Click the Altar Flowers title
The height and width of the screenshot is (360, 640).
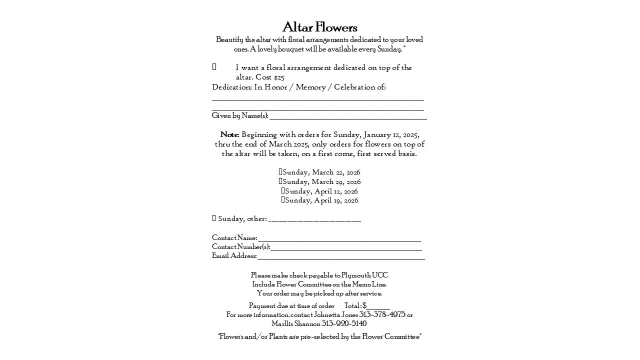point(320,27)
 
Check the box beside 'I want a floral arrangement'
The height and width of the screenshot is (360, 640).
point(214,67)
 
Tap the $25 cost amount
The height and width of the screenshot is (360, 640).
point(279,77)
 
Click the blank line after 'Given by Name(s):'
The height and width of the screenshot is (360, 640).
point(348,117)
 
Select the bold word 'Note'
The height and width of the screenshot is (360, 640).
point(229,135)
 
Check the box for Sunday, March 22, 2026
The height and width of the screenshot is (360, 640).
point(280,172)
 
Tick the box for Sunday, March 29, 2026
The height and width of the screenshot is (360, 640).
point(280,181)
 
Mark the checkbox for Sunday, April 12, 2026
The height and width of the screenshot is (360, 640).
point(283,191)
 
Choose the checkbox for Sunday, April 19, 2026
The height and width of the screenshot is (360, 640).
point(283,200)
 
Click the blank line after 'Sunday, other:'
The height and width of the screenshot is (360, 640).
point(314,219)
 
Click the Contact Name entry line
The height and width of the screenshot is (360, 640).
point(339,239)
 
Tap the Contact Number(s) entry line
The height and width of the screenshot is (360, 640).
point(346,248)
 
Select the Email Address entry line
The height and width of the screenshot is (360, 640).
point(340,257)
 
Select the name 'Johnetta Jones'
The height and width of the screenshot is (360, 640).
point(335,315)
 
